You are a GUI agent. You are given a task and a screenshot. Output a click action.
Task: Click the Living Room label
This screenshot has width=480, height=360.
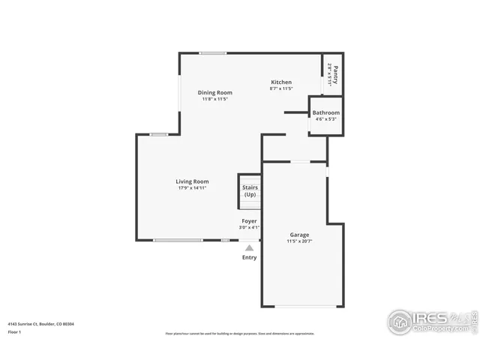pyautogui.click(x=192, y=181)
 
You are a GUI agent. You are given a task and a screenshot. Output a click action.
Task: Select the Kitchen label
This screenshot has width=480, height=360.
pyautogui.click(x=281, y=82)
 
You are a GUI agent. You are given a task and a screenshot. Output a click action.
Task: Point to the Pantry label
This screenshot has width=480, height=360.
pyautogui.click(x=335, y=76)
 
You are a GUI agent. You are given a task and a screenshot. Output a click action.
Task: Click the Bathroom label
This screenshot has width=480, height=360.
pyautogui.click(x=326, y=112)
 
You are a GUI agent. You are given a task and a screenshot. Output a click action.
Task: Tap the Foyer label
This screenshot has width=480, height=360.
pyautogui.click(x=249, y=221)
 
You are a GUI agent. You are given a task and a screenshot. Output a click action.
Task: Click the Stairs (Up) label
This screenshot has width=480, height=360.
pyautogui.click(x=250, y=190)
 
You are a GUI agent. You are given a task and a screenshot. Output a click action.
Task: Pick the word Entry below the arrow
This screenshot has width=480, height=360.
pyautogui.click(x=249, y=257)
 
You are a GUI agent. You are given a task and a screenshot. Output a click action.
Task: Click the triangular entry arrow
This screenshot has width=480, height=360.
pyautogui.click(x=249, y=247)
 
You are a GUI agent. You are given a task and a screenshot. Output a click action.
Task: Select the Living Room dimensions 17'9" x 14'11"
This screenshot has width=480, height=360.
pyautogui.click(x=192, y=188)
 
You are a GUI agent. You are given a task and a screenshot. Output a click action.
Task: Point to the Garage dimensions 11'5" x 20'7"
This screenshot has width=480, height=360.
pyautogui.click(x=298, y=241)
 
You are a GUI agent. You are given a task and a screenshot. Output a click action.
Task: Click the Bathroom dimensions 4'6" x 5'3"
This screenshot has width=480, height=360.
pyautogui.click(x=326, y=118)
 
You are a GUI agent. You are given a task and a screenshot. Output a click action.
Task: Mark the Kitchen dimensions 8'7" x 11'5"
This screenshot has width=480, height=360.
pyautogui.click(x=281, y=89)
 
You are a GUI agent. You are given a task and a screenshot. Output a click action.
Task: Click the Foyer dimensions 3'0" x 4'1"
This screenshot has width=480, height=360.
pyautogui.click(x=249, y=227)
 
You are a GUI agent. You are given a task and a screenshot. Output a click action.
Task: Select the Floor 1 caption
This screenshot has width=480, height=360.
pyautogui.click(x=15, y=331)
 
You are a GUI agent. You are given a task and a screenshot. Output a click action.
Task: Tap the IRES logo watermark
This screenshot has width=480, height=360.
pyautogui.click(x=431, y=320)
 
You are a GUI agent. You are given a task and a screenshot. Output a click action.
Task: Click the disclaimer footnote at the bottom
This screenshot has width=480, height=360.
pyautogui.click(x=240, y=334)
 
